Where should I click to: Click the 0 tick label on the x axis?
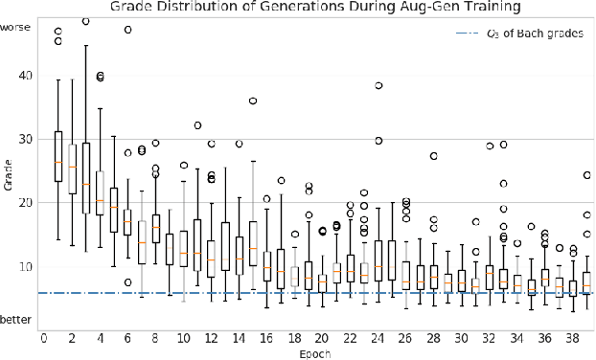point(44,338)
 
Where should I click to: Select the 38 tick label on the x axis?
point(572,338)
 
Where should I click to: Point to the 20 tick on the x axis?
point(322,338)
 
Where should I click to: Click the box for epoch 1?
point(58,156)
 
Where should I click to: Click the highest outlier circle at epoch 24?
point(378,86)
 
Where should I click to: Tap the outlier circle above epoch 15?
point(253,101)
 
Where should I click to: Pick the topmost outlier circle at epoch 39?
point(587,175)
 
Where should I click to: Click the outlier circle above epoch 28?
point(434,156)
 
